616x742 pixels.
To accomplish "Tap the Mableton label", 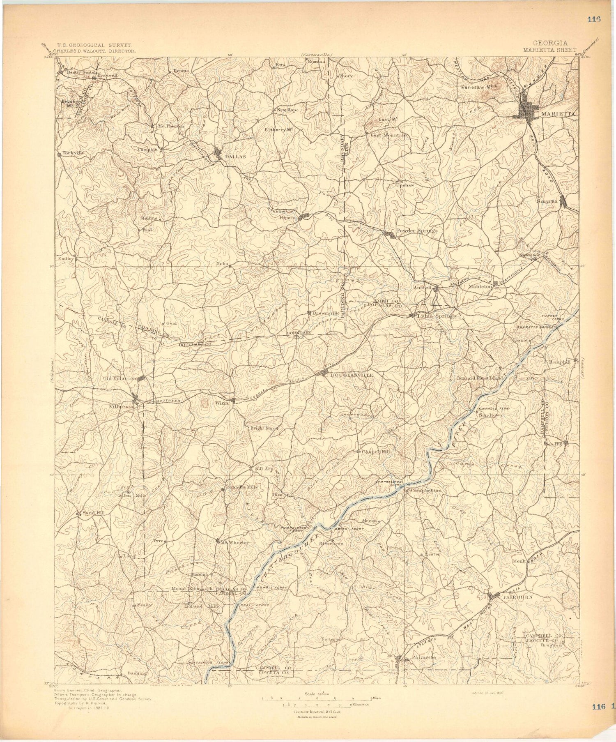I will pos(480,287).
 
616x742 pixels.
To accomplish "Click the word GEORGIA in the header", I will pos(550,43).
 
